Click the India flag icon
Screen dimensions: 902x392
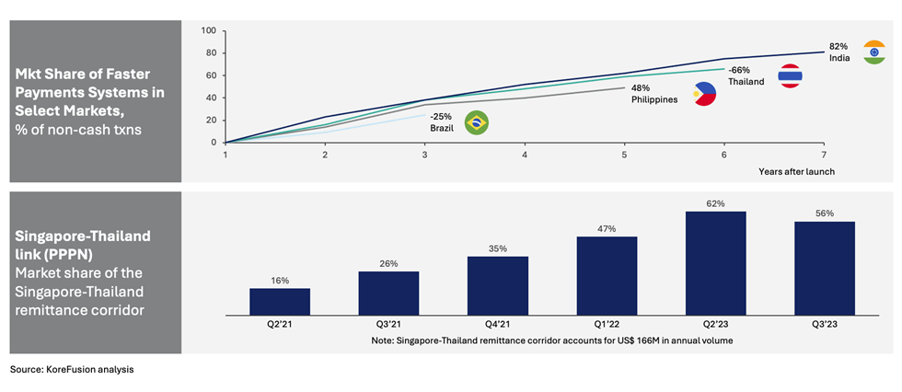pyautogui.click(x=873, y=52)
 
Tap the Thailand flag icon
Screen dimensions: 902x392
pyautogui.click(x=791, y=75)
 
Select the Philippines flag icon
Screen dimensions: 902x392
pyautogui.click(x=705, y=94)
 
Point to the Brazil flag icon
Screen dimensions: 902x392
pyautogui.click(x=477, y=122)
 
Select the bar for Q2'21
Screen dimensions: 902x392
pyautogui.click(x=280, y=302)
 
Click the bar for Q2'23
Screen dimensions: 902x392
pyautogui.click(x=716, y=263)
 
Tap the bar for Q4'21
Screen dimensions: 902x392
pyautogui.click(x=498, y=285)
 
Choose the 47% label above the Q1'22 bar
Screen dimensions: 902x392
pyautogui.click(x=607, y=229)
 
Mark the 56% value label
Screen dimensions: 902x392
pyautogui.click(x=825, y=213)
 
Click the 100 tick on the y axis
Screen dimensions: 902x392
pyautogui.click(x=209, y=30)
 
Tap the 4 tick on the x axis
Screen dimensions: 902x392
pyautogui.click(x=525, y=155)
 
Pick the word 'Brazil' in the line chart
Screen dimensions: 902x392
pyautogui.click(x=443, y=128)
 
